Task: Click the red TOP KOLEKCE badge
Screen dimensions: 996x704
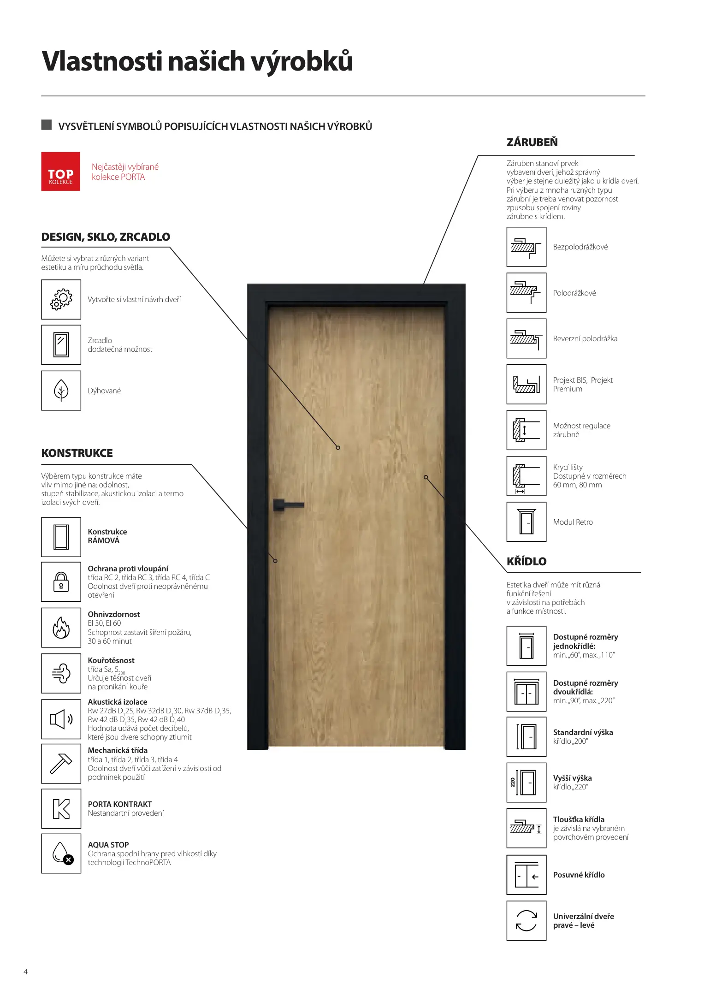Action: point(60,171)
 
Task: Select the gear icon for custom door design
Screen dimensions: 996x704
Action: point(61,299)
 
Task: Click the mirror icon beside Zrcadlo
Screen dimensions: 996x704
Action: point(61,344)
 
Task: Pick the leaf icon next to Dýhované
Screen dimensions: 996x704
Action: point(61,391)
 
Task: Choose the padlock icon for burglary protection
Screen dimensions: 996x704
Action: point(61,581)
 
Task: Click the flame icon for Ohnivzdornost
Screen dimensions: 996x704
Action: point(61,627)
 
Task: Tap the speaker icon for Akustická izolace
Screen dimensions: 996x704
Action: point(61,719)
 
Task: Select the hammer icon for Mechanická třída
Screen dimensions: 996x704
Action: point(61,764)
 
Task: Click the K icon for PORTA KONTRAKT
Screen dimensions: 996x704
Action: point(61,809)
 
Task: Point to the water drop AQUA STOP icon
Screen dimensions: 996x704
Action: point(61,853)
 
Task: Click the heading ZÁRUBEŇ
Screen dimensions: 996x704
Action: point(532,142)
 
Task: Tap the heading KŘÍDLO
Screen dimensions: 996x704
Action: point(526,561)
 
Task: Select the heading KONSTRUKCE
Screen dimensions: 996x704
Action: point(77,453)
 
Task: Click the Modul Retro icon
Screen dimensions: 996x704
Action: point(526,522)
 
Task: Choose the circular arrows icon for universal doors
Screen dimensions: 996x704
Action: point(526,920)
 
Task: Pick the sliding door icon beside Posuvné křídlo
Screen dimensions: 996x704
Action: point(526,875)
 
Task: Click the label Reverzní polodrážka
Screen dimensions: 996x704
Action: point(585,338)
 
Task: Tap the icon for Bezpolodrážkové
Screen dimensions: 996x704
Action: point(526,247)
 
